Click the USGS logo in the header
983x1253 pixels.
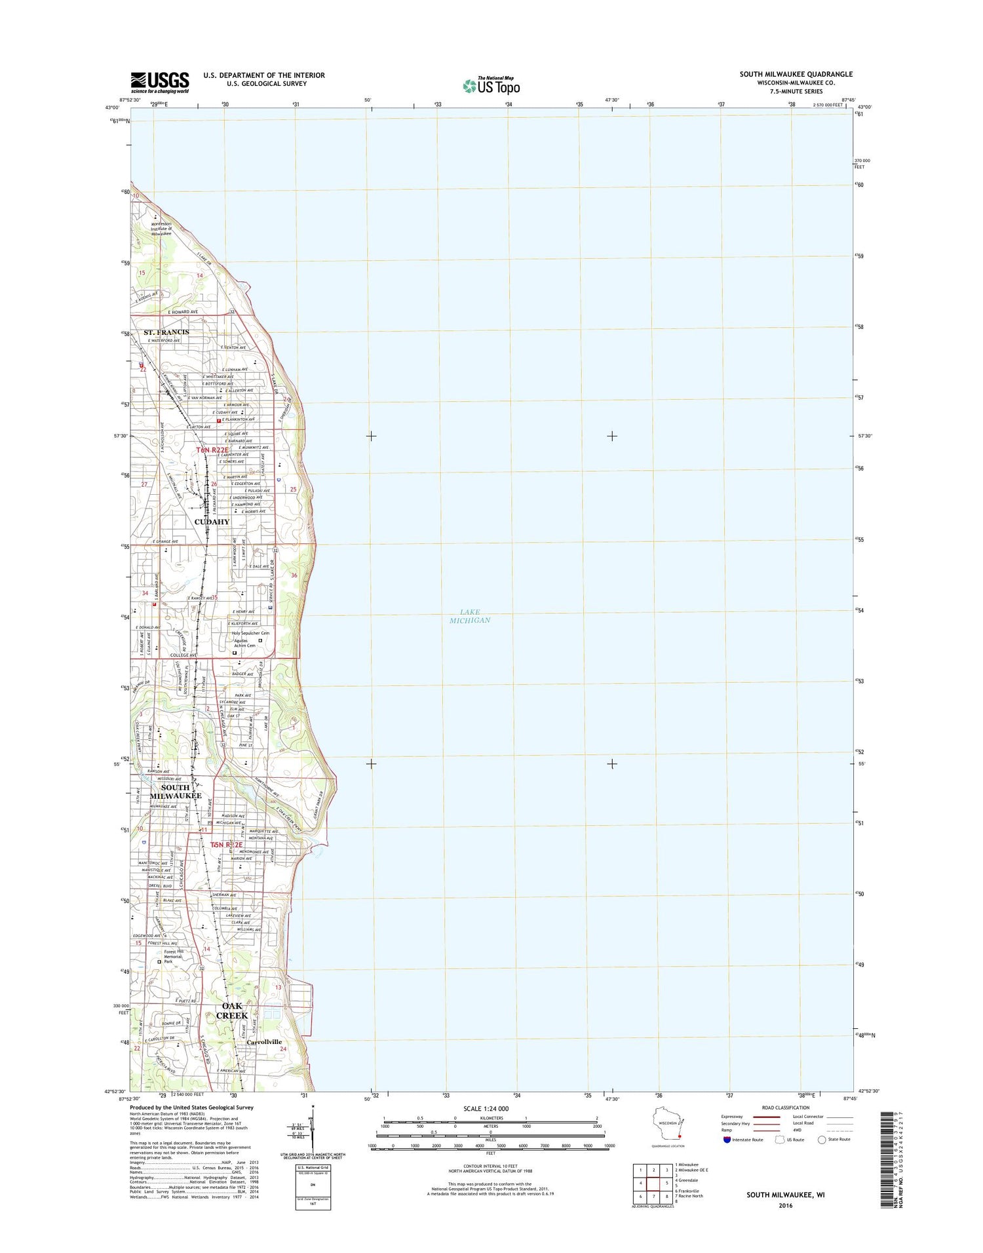160,82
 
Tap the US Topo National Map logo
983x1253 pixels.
491,85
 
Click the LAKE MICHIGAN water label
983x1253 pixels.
470,616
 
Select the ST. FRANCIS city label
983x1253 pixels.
166,332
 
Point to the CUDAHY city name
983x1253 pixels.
212,522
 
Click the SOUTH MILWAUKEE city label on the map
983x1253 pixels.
175,791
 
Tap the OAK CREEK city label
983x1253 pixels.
232,1010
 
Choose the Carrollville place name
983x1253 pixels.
264,1041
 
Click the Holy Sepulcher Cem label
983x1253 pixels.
250,633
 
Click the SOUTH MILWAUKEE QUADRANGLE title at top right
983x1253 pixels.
796,74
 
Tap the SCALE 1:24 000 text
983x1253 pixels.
486,1109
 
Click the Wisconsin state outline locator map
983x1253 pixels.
668,1126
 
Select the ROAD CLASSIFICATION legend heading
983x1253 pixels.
785,1108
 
